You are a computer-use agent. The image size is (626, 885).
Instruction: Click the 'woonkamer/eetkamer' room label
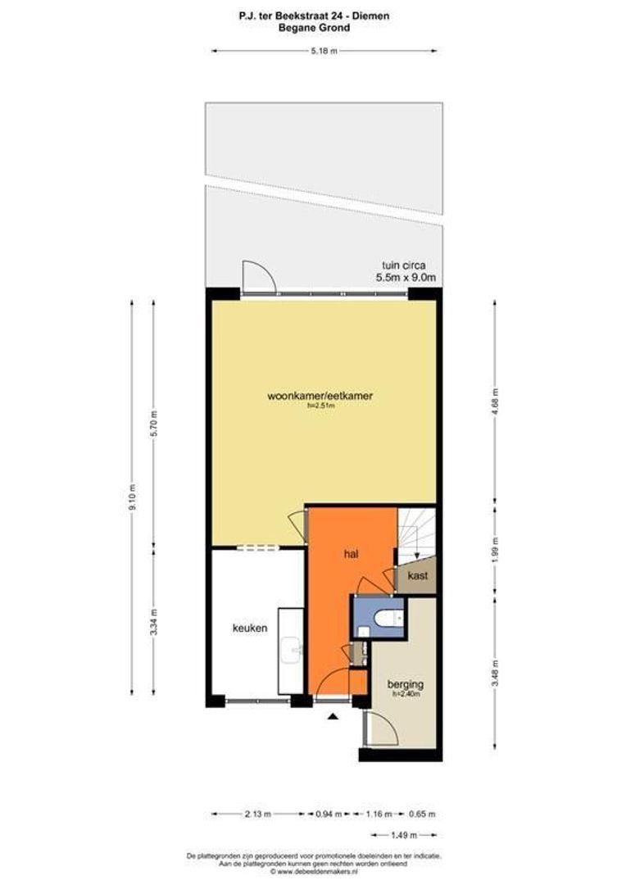click(x=320, y=397)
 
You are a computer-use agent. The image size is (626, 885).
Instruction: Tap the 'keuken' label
click(x=249, y=629)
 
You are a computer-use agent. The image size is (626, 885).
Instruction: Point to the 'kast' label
click(x=418, y=576)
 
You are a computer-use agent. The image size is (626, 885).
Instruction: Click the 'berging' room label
click(x=406, y=683)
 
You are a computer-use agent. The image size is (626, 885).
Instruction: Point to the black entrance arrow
click(x=333, y=718)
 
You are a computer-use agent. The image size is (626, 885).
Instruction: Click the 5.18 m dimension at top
click(x=324, y=51)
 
